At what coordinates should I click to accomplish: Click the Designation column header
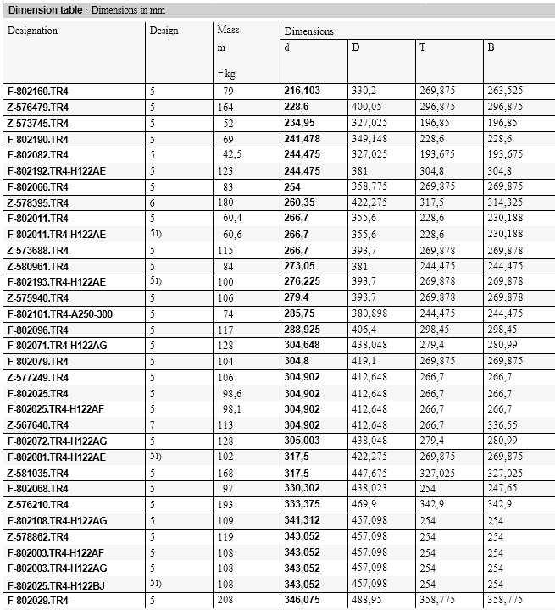pyautogui.click(x=32, y=30)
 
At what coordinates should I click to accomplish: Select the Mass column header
pyautogui.click(x=228, y=30)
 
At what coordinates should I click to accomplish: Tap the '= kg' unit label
pyautogui.click(x=226, y=74)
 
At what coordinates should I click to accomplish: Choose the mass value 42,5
pyautogui.click(x=232, y=155)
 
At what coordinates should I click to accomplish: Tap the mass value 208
pyautogui.click(x=227, y=600)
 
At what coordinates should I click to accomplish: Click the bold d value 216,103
pyautogui.click(x=302, y=91)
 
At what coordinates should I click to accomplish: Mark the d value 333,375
pyautogui.click(x=302, y=505)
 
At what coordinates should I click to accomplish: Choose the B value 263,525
pyautogui.click(x=505, y=91)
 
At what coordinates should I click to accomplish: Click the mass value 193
pyautogui.click(x=227, y=505)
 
